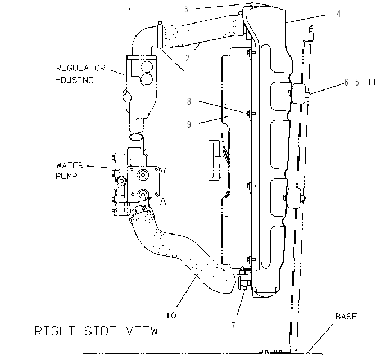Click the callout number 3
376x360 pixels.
click(186, 10)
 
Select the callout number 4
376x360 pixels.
click(338, 13)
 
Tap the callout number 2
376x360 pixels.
click(187, 58)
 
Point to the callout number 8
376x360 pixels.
click(189, 101)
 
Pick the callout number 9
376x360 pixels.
click(189, 124)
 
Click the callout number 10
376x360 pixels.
click(171, 315)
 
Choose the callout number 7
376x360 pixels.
click(233, 326)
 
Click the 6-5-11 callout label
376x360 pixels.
click(360, 82)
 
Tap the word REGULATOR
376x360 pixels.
click(81, 67)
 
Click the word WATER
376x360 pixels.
click(70, 165)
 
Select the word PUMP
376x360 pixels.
click(67, 176)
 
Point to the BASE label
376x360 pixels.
click(346, 317)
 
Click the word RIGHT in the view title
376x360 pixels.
click(55, 331)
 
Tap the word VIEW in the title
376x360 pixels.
click(142, 331)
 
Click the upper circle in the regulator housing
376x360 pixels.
click(147, 67)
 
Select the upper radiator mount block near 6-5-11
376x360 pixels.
click(298, 93)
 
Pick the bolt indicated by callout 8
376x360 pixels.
click(250, 113)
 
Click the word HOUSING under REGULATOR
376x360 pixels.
click(74, 80)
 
